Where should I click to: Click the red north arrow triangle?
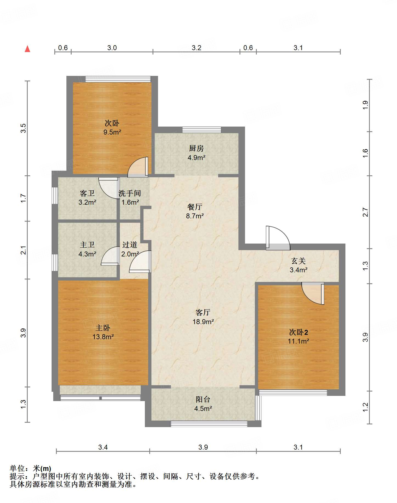pyautogui.click(x=27, y=49)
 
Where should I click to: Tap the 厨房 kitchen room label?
pyautogui.click(x=196, y=148)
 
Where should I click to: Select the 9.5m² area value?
pyautogui.click(x=112, y=132)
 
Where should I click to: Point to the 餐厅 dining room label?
pyautogui.click(x=195, y=207)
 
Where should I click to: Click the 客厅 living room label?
pyautogui.click(x=203, y=312)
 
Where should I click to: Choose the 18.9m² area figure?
pyautogui.click(x=203, y=322)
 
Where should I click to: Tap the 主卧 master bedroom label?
pyautogui.click(x=103, y=328)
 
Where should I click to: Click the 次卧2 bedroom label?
pyautogui.click(x=299, y=332)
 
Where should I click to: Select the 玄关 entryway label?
pyautogui.click(x=299, y=261)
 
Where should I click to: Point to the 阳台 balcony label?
pyautogui.click(x=203, y=399)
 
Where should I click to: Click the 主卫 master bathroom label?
pyautogui.click(x=87, y=245)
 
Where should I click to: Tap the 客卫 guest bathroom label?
pyautogui.click(x=87, y=193)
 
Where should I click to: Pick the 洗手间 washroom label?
pyautogui.click(x=130, y=193)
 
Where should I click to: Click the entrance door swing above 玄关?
pyautogui.click(x=278, y=238)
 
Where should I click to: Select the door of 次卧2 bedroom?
pyautogui.click(x=313, y=293)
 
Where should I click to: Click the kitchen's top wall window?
pyautogui.click(x=202, y=130)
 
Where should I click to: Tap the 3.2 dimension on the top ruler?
pyautogui.click(x=196, y=48)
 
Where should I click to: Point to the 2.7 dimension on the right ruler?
pyautogui.click(x=365, y=212)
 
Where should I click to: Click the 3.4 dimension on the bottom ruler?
pyautogui.click(x=103, y=447)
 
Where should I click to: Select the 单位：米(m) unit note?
pyautogui.click(x=30, y=468)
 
